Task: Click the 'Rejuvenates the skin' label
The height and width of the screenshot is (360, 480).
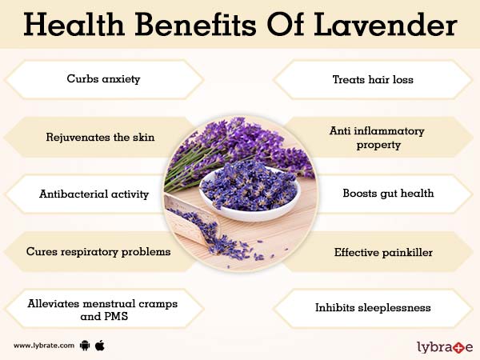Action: (100, 137)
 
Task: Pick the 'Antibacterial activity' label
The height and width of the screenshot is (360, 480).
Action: (94, 194)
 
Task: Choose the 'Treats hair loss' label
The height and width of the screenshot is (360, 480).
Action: (374, 79)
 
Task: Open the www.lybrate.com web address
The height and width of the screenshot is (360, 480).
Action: (44, 346)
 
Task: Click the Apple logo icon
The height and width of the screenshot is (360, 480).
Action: (100, 346)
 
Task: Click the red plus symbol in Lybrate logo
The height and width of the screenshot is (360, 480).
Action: (459, 346)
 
